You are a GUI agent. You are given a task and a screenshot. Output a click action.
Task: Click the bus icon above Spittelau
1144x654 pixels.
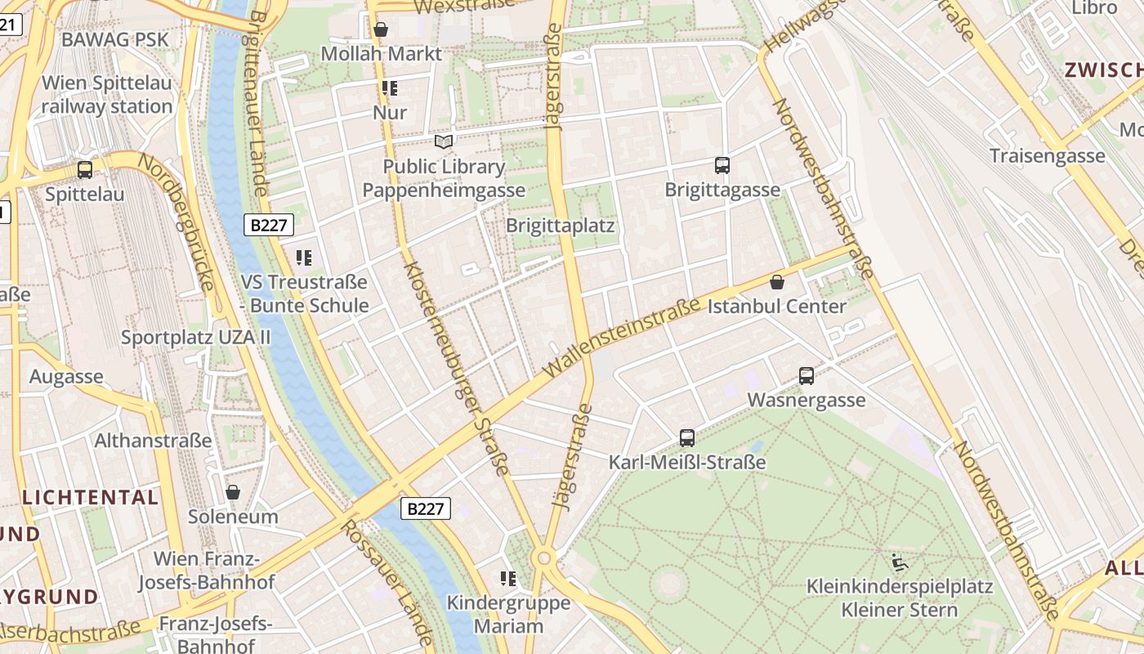(x=85, y=170)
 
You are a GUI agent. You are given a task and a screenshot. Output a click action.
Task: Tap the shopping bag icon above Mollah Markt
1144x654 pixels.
(x=381, y=30)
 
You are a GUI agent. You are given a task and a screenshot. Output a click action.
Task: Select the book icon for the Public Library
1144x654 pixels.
(x=444, y=142)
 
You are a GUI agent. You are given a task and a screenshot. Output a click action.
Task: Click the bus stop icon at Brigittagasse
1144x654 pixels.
(x=722, y=165)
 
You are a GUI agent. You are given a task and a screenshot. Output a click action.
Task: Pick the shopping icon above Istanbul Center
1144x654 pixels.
(x=777, y=282)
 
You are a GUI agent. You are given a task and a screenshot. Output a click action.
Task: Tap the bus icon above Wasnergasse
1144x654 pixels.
(x=807, y=376)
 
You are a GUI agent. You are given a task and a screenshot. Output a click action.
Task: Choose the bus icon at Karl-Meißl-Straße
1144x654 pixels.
(x=687, y=438)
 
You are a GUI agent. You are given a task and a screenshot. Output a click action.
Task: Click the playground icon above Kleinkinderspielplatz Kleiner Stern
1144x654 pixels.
(x=900, y=562)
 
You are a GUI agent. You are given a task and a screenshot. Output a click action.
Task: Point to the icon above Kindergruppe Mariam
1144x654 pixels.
(x=508, y=579)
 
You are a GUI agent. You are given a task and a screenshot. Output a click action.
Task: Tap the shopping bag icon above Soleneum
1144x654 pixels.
(x=233, y=492)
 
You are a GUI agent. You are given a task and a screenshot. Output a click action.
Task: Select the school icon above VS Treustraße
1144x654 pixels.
(x=304, y=258)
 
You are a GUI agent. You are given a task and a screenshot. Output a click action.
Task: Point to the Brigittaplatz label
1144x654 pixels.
(x=561, y=226)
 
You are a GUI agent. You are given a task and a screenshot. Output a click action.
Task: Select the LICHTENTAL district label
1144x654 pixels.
(x=91, y=497)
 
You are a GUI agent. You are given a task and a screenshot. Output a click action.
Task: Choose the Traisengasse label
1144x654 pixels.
(x=1047, y=155)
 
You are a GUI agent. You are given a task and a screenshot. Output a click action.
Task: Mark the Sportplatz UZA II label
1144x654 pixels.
(x=196, y=337)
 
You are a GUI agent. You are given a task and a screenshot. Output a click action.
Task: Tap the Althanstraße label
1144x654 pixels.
(x=153, y=441)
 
